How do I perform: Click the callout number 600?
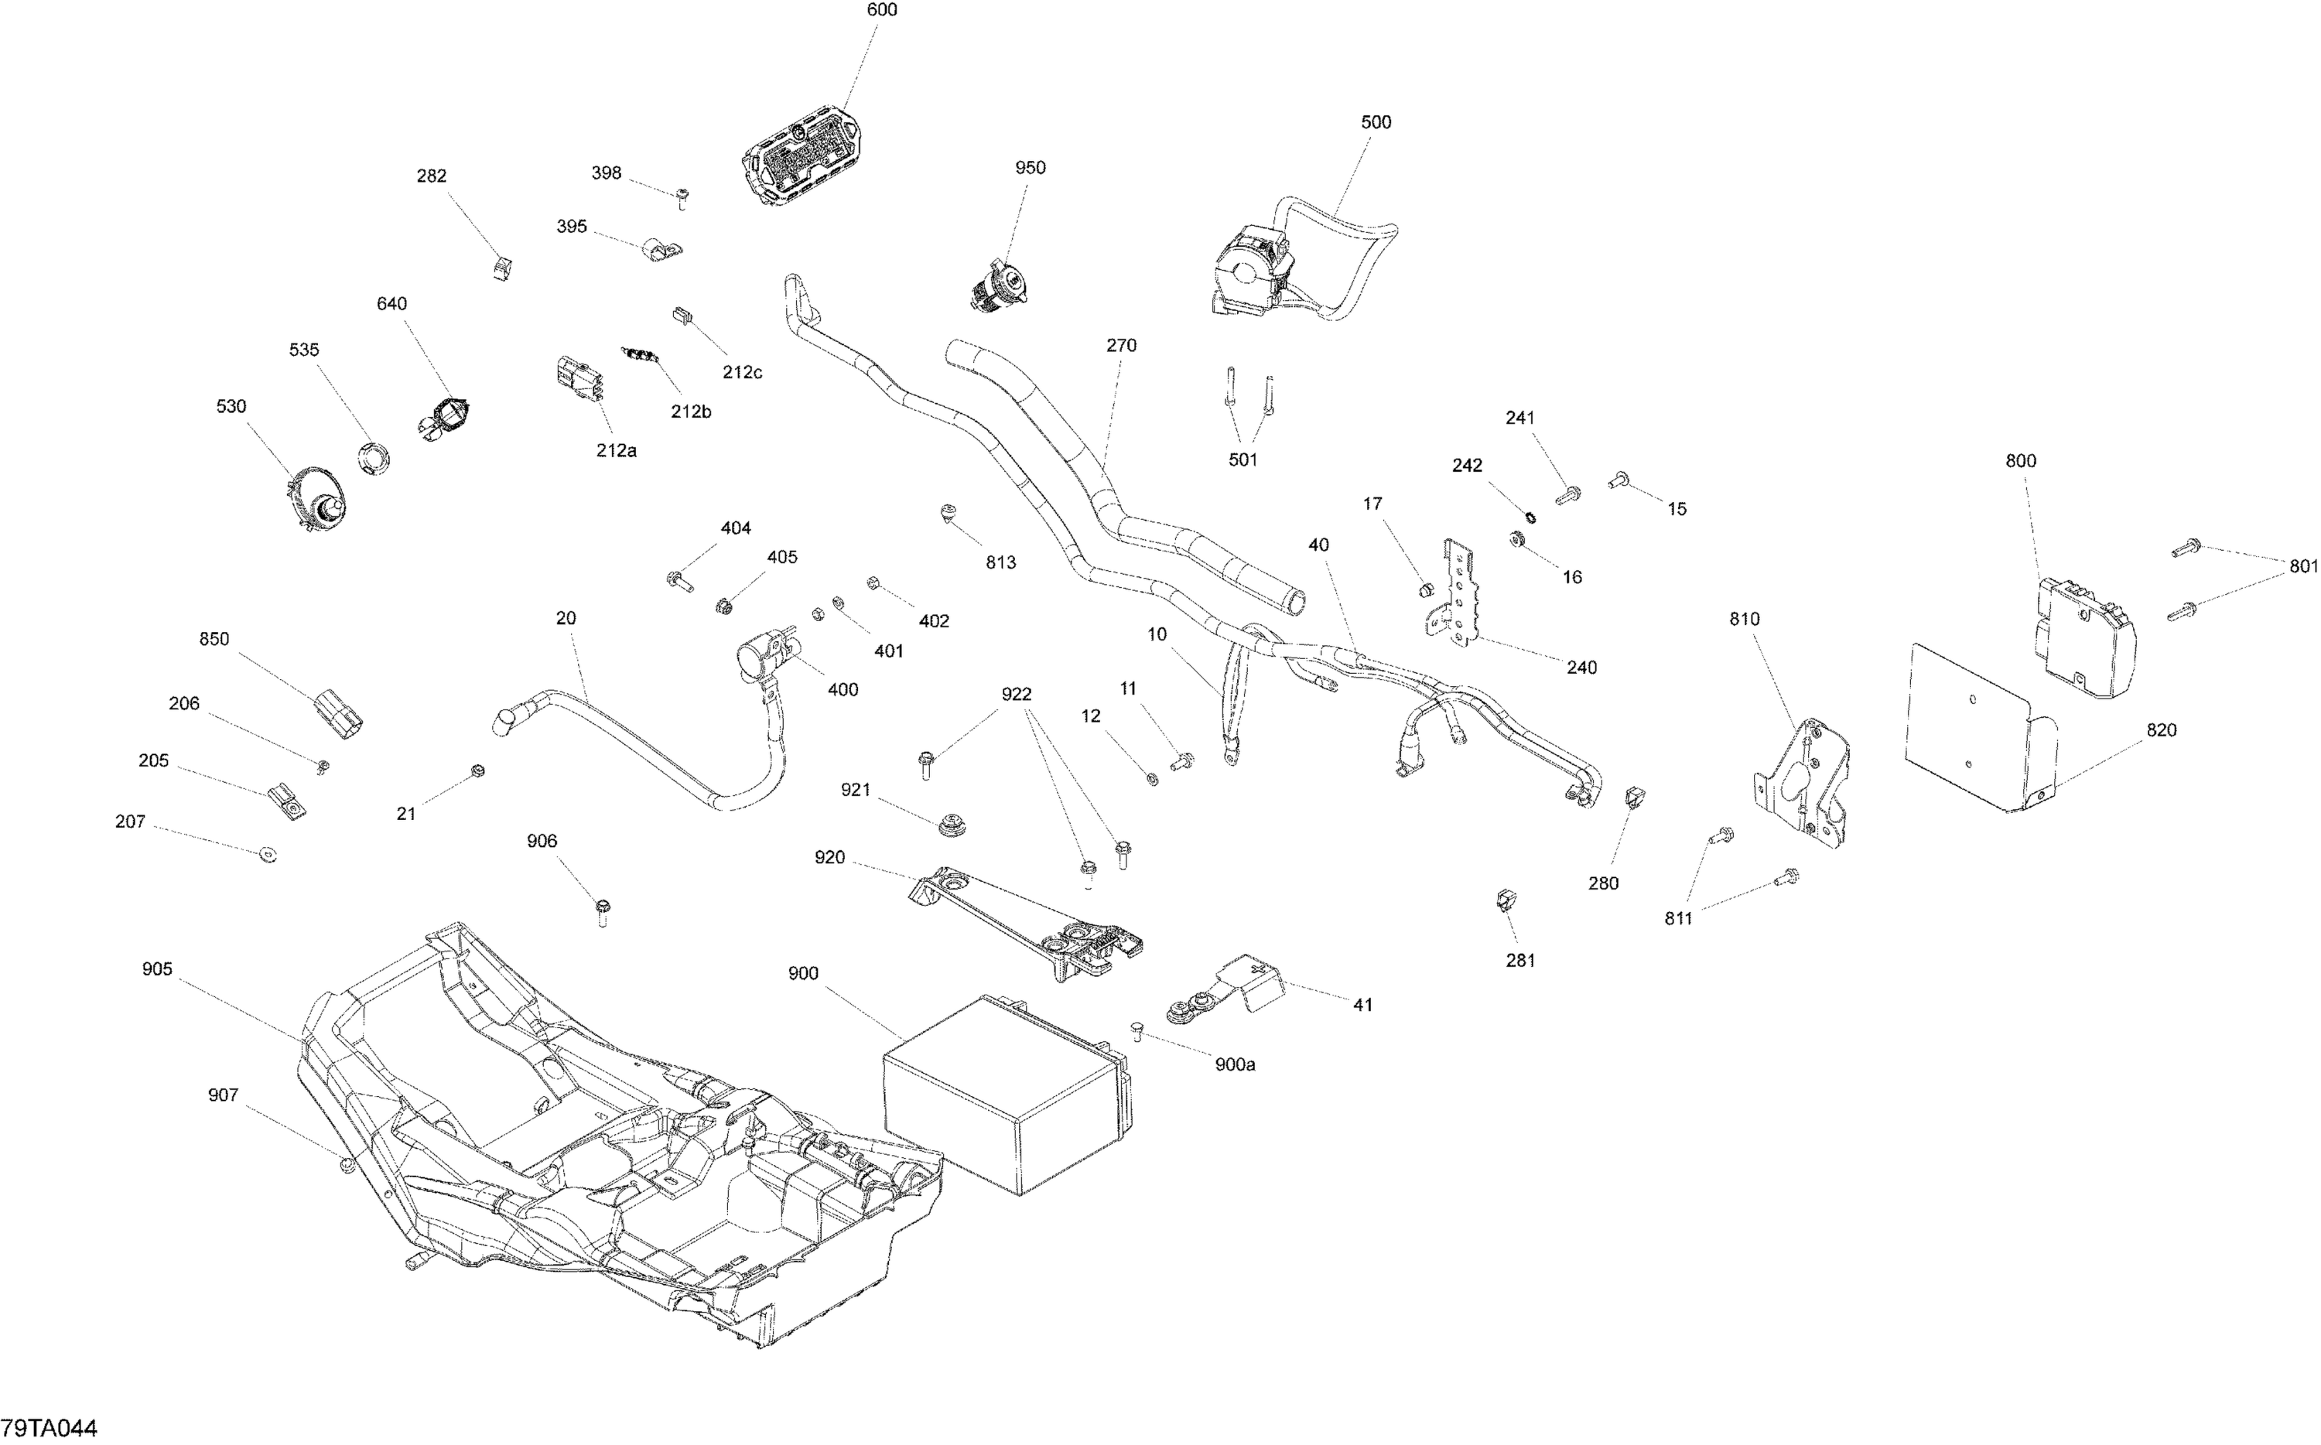[x=881, y=11]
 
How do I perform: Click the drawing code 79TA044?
[x=49, y=1429]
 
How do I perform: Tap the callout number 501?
[x=1243, y=460]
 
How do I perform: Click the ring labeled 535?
[x=374, y=458]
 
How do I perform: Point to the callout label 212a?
[x=617, y=451]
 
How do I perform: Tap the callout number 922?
[x=1016, y=695]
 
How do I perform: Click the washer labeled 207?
[x=268, y=854]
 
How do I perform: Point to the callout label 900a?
[x=1235, y=1064]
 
